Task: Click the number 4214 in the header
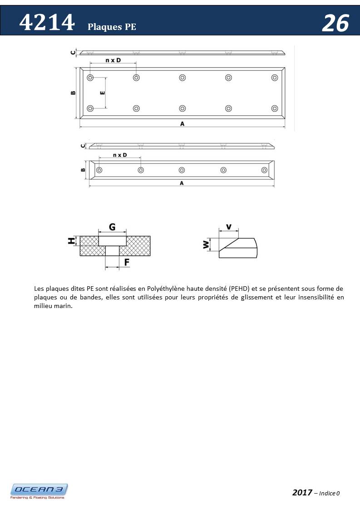click(x=47, y=23)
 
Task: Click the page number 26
click(x=335, y=23)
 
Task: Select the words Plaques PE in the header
click(x=112, y=27)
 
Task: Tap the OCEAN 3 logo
click(x=39, y=490)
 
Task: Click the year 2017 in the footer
click(x=302, y=492)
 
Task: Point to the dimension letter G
click(x=112, y=226)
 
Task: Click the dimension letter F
click(x=127, y=262)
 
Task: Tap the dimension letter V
click(x=228, y=227)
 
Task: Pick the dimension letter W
click(x=206, y=245)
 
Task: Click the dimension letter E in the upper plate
click(x=102, y=93)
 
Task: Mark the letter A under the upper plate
click(x=182, y=123)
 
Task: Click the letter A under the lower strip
click(x=182, y=183)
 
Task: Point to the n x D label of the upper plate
click(x=113, y=60)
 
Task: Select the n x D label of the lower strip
click(x=119, y=155)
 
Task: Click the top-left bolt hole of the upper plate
click(x=90, y=78)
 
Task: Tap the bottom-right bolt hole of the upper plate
click(x=274, y=108)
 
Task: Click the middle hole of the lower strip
click(x=182, y=170)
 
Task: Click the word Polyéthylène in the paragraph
click(x=173, y=289)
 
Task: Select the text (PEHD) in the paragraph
click(x=239, y=289)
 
